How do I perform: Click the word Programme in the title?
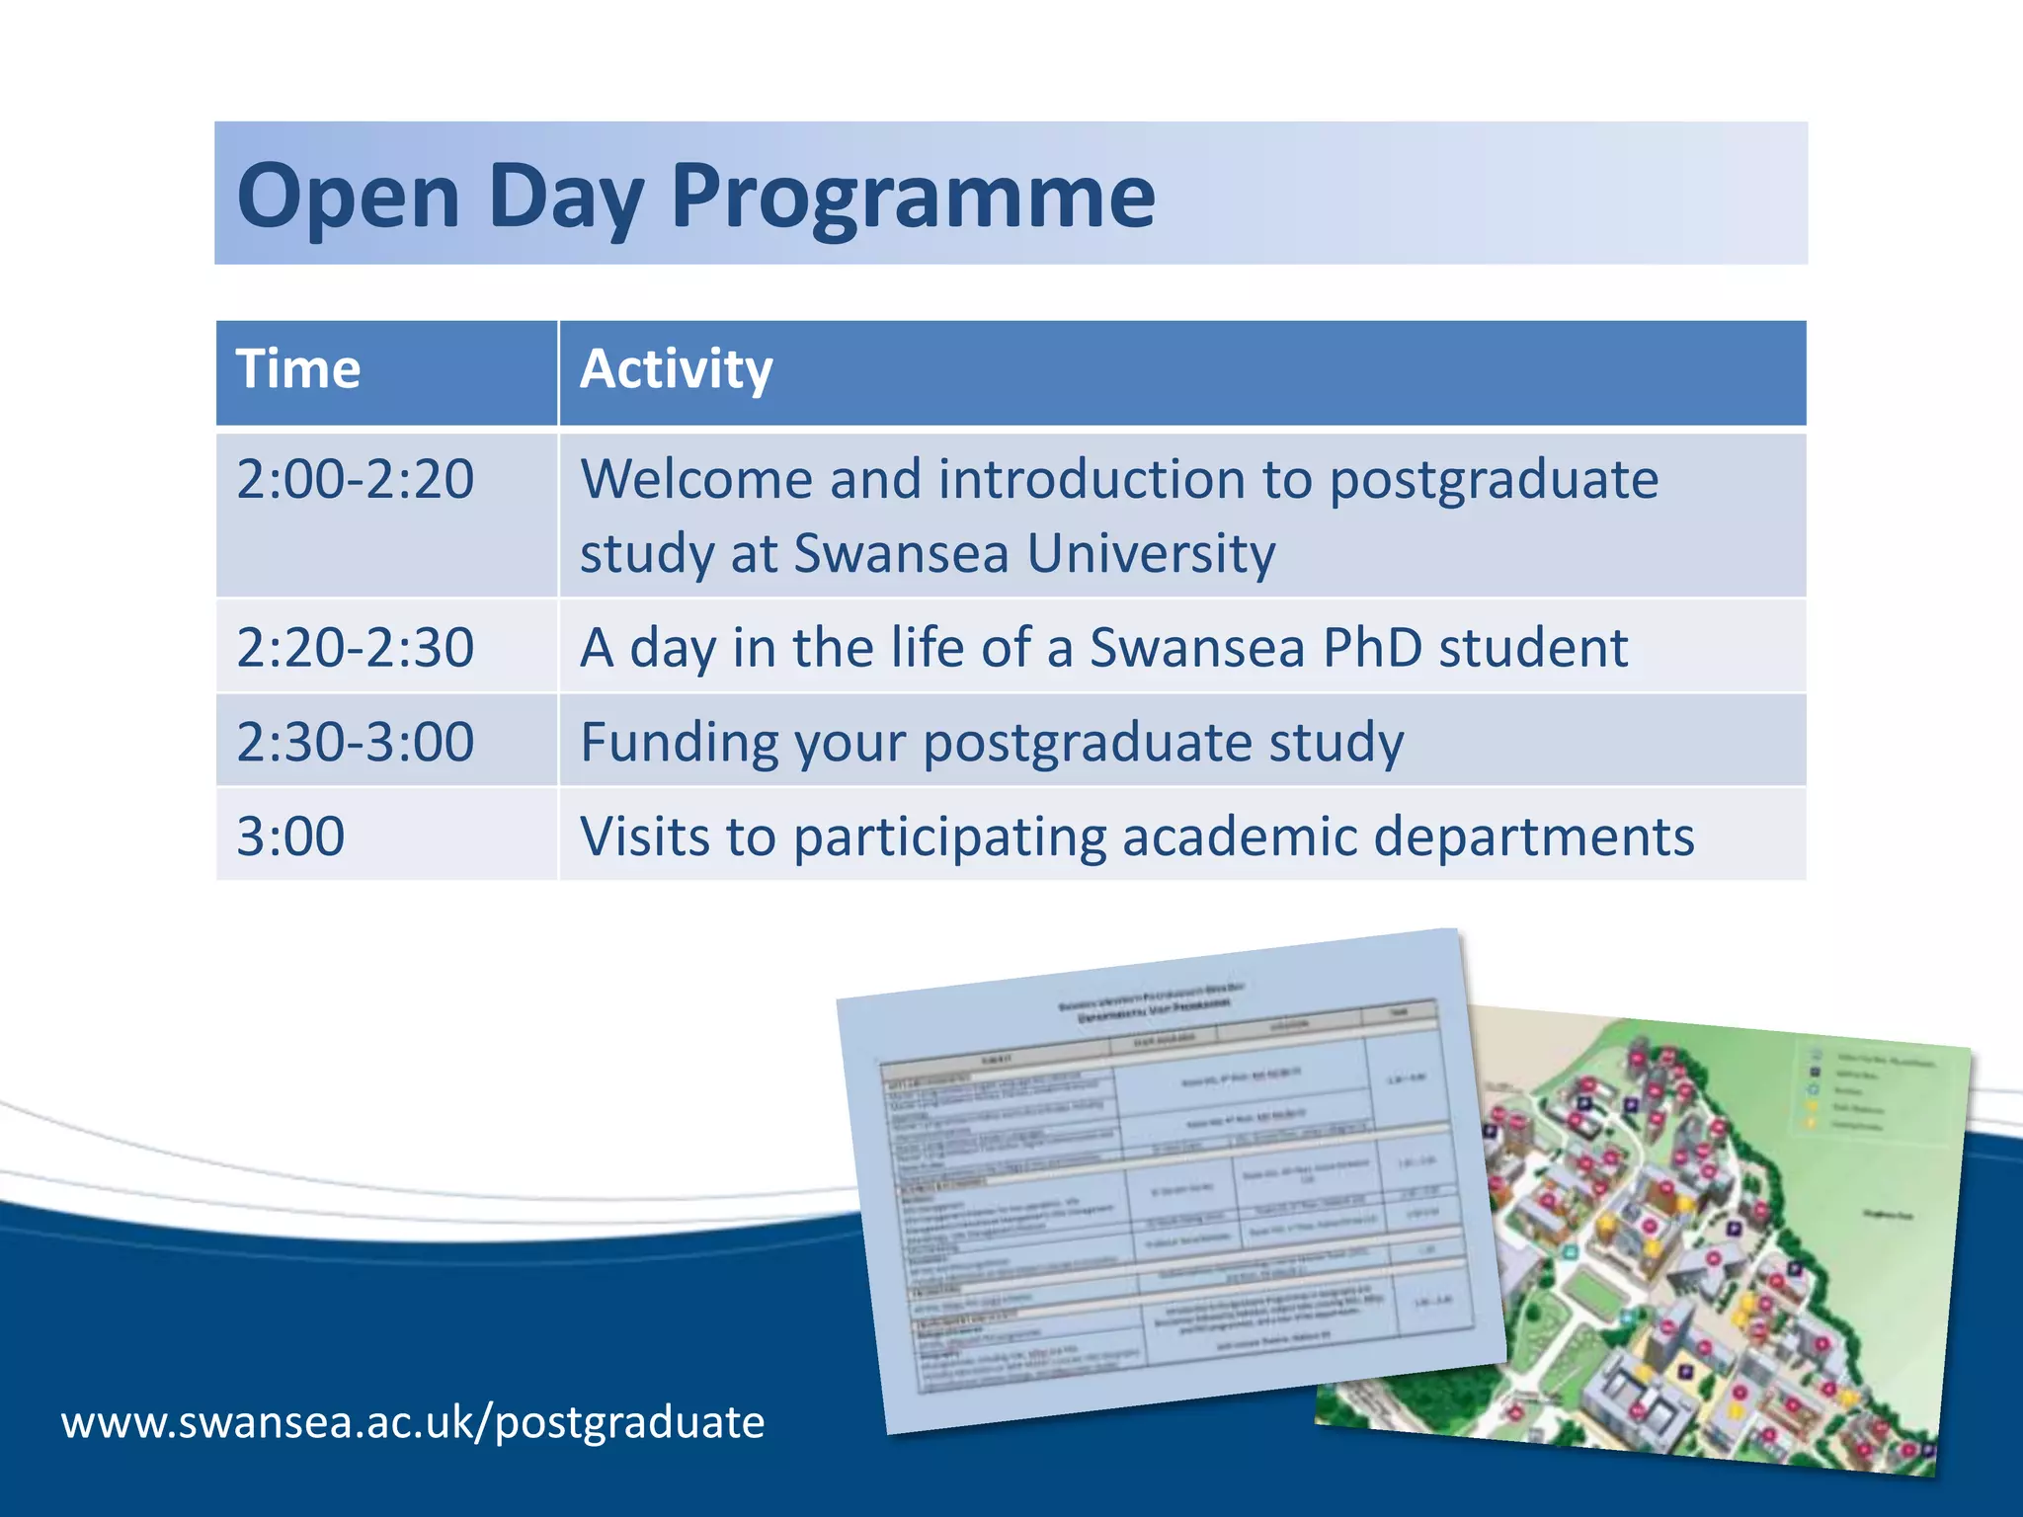point(913,198)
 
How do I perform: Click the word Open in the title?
point(348,198)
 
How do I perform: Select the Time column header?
point(298,370)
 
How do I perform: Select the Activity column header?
point(676,370)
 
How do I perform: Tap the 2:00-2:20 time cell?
point(356,481)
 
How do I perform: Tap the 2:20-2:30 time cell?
point(356,649)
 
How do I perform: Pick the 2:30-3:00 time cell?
point(356,743)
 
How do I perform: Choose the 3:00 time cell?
point(290,838)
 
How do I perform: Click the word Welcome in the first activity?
point(695,481)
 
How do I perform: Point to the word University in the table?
point(1151,554)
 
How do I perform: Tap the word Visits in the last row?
point(645,838)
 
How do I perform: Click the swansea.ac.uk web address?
point(413,1423)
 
